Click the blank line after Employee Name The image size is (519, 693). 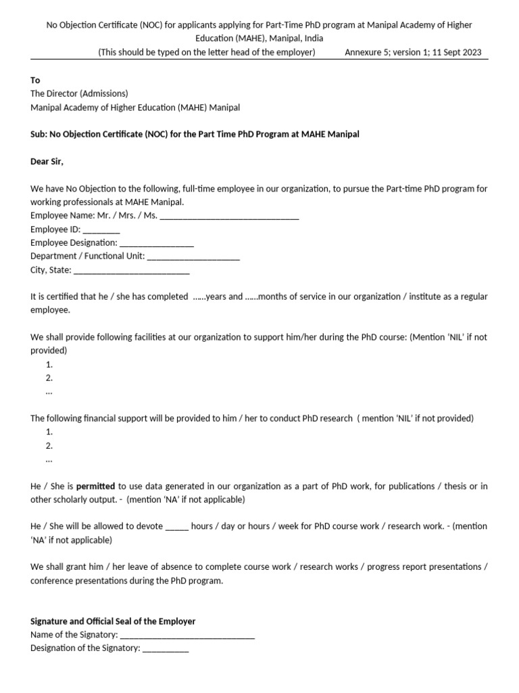click(x=229, y=217)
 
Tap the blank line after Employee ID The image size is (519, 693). click(x=101, y=230)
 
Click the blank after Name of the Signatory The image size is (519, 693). click(x=187, y=635)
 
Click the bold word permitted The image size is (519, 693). click(x=95, y=486)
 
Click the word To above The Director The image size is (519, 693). click(x=35, y=80)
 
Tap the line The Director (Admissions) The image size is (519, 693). click(x=79, y=93)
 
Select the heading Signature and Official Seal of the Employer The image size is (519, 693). click(x=113, y=621)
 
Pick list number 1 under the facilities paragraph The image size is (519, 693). click(x=49, y=364)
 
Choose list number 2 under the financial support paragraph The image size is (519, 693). click(x=49, y=445)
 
